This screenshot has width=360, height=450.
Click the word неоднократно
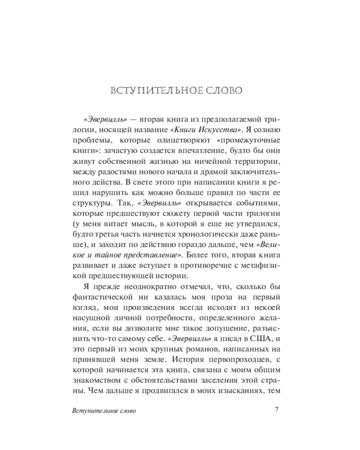point(138,287)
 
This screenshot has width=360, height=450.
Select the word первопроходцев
point(236,360)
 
